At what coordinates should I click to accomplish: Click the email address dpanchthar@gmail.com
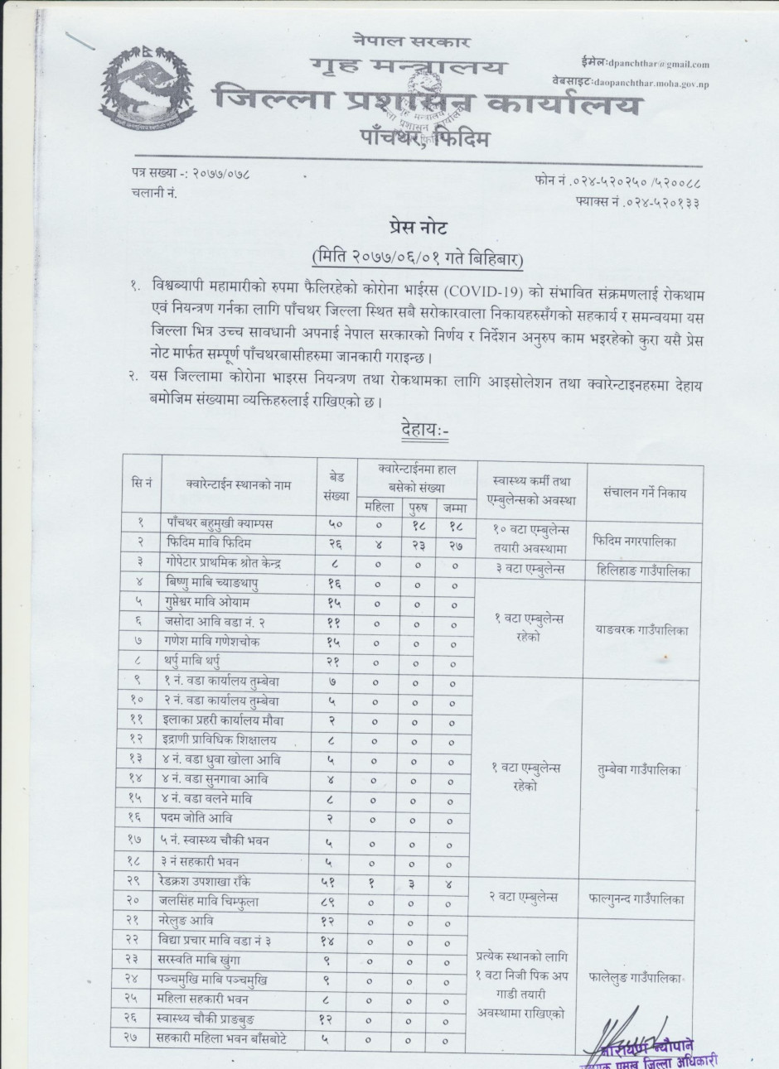(x=658, y=64)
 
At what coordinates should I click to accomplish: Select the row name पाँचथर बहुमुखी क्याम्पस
(x=220, y=524)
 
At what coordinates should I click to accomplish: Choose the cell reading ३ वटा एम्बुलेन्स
(x=530, y=571)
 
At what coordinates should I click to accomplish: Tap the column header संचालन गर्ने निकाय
(x=645, y=493)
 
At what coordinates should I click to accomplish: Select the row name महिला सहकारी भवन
(x=204, y=999)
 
